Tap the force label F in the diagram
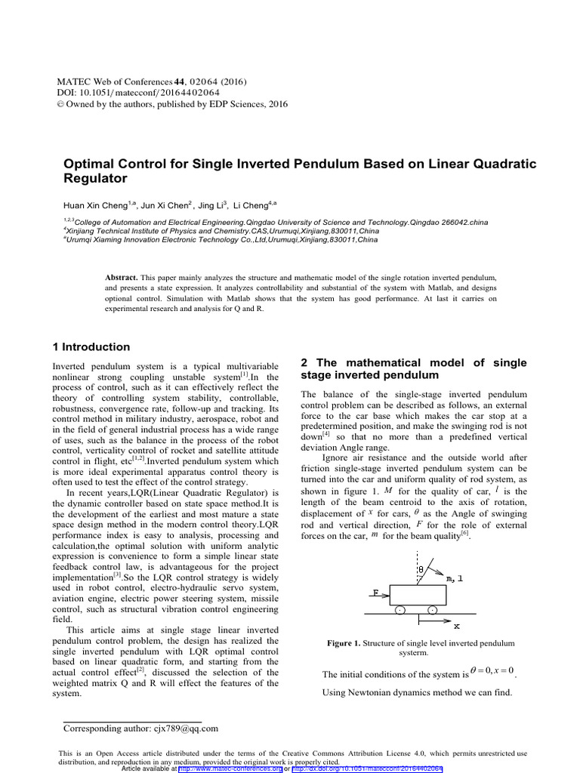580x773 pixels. [375, 593]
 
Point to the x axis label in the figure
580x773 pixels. [456, 626]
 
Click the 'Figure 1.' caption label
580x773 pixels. [344, 643]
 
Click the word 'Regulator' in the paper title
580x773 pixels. [94, 179]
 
